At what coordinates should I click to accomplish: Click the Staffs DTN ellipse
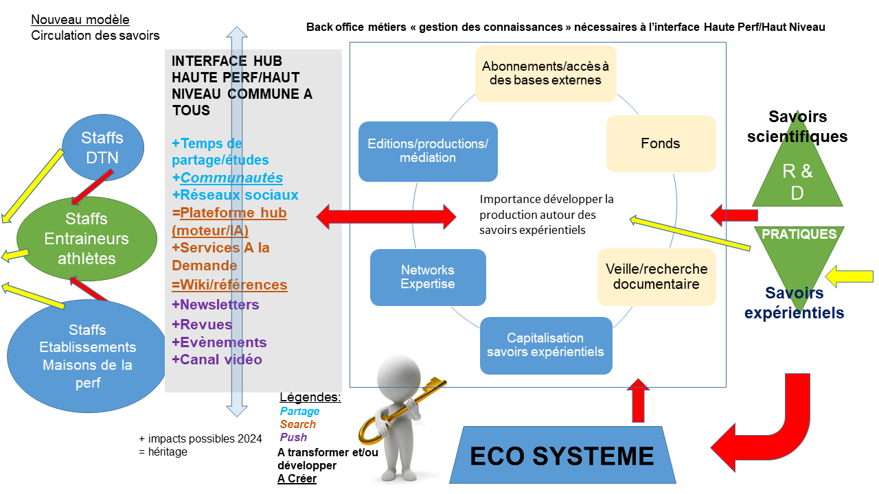(x=103, y=148)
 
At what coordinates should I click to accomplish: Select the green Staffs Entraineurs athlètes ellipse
(x=87, y=239)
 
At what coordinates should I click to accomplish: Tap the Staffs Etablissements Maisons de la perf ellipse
(x=87, y=356)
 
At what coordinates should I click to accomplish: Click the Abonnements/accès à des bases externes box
(x=545, y=73)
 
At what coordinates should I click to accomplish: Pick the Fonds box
(x=661, y=143)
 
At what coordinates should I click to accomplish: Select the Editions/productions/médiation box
(x=428, y=152)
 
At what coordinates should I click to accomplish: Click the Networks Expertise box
(x=428, y=277)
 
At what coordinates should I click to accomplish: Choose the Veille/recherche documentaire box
(x=657, y=277)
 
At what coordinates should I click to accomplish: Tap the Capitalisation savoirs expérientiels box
(x=546, y=345)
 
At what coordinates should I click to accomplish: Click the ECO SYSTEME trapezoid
(x=562, y=455)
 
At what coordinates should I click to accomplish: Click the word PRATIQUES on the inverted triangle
(x=799, y=234)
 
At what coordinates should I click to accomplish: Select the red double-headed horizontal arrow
(x=386, y=216)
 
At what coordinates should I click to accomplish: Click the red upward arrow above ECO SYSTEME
(x=638, y=400)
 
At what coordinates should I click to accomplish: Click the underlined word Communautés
(x=231, y=178)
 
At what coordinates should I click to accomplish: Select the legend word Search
(x=298, y=424)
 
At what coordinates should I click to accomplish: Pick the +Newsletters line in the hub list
(x=216, y=305)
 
